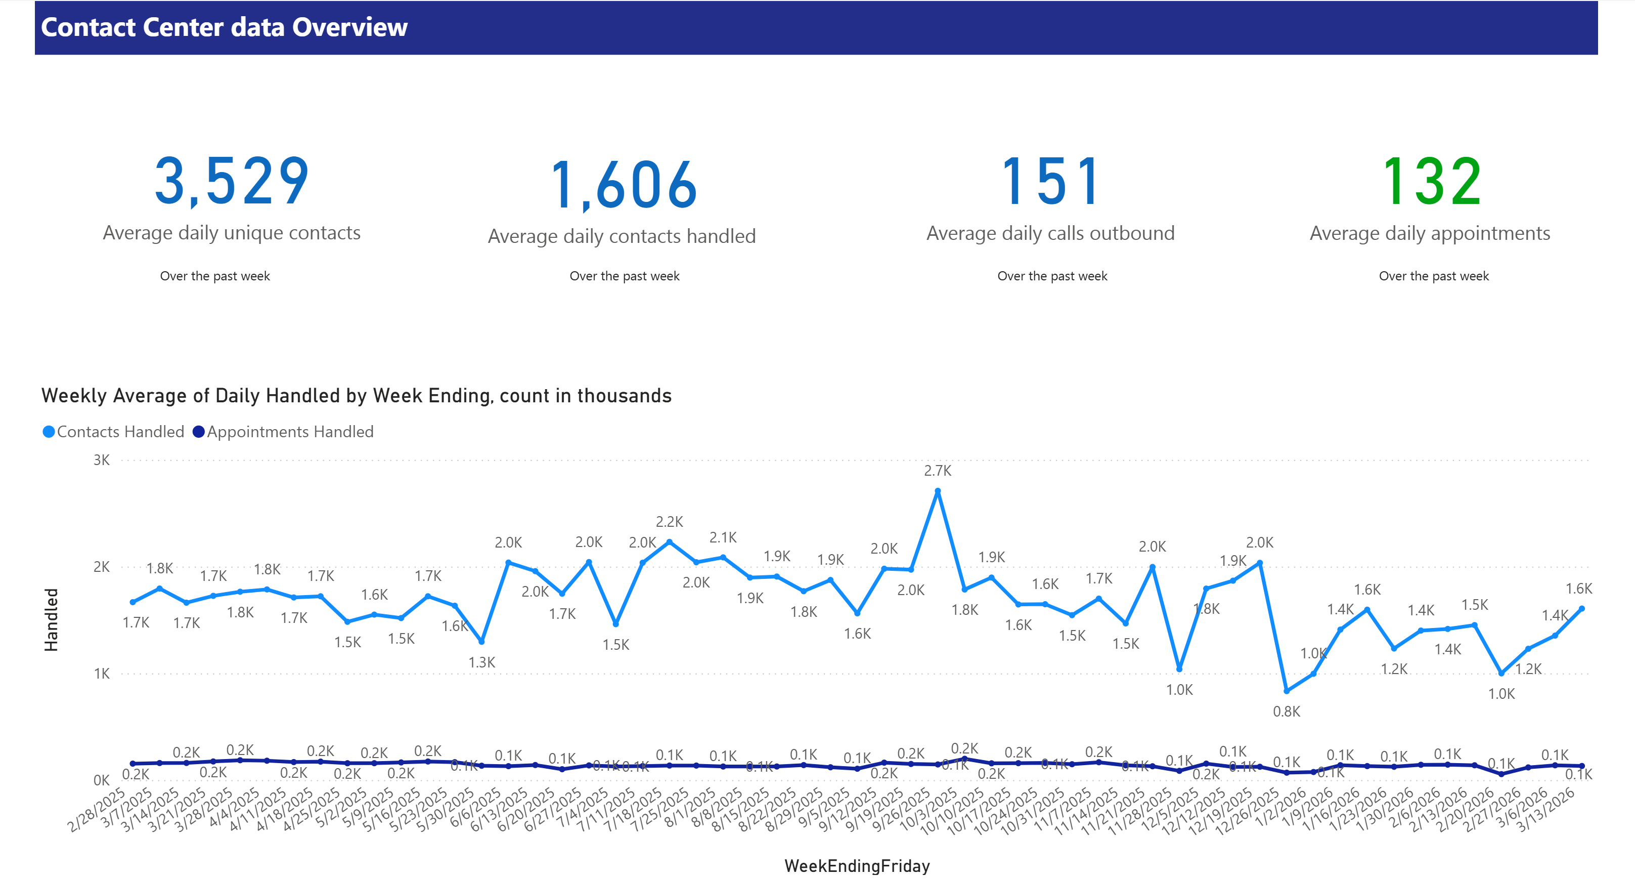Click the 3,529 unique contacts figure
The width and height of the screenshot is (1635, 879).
pyautogui.click(x=232, y=182)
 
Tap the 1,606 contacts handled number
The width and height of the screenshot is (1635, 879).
pyautogui.click(x=624, y=185)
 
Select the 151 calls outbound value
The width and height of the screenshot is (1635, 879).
pyautogui.click(x=1050, y=182)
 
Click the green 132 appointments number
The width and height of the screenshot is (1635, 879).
pyautogui.click(x=1431, y=182)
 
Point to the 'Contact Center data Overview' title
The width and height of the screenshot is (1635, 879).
pyautogui.click(x=224, y=27)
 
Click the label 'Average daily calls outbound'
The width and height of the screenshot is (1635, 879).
pyautogui.click(x=1050, y=233)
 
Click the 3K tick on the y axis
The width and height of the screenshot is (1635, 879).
pyautogui.click(x=102, y=460)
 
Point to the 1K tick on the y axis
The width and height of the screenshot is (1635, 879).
pyautogui.click(x=102, y=673)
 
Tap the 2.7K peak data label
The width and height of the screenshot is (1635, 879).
pyautogui.click(x=938, y=471)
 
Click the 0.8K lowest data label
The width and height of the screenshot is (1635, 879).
pyautogui.click(x=1287, y=711)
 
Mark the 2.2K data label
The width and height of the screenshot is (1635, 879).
pyautogui.click(x=669, y=521)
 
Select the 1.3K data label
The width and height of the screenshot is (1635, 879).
pyautogui.click(x=482, y=662)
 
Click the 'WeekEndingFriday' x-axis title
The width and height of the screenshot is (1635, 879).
pyautogui.click(x=857, y=866)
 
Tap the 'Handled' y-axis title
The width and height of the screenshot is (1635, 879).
pyautogui.click(x=51, y=619)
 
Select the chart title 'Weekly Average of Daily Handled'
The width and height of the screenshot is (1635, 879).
pyautogui.click(x=356, y=396)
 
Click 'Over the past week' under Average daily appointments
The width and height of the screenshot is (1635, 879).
pyautogui.click(x=1433, y=276)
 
